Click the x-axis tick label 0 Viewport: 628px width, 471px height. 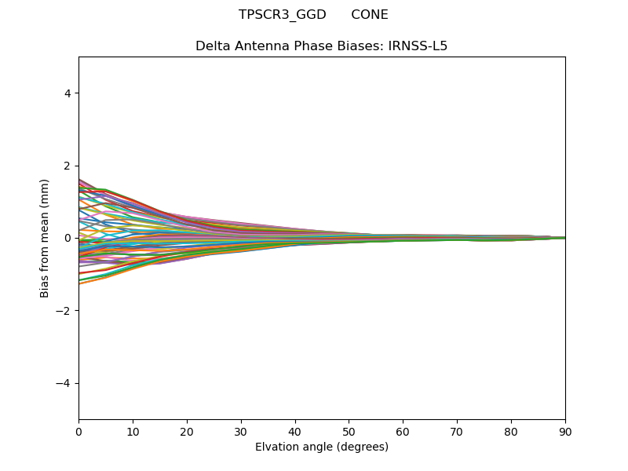tap(78, 431)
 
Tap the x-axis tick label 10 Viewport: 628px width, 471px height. tap(133, 431)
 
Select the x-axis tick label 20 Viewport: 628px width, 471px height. tap(187, 431)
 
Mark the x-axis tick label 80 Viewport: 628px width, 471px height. tap(511, 431)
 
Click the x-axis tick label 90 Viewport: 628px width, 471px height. tap(565, 431)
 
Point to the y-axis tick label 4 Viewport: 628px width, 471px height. tap(68, 93)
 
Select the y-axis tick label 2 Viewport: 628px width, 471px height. tap(68, 166)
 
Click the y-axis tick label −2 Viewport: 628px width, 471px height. tap(64, 311)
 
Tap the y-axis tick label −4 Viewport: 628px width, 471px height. tap(64, 383)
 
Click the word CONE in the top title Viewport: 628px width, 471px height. tap(370, 15)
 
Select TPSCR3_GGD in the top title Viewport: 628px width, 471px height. tap(283, 15)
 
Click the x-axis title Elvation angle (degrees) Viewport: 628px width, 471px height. tap(322, 447)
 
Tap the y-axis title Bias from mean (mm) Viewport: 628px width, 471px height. tap(45, 238)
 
